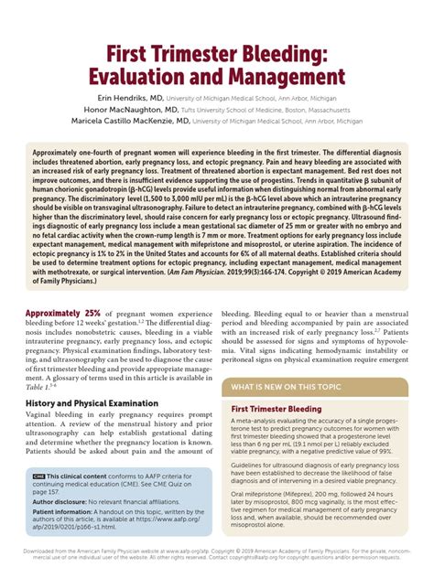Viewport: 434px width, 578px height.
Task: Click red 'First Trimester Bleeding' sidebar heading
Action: (276, 409)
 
